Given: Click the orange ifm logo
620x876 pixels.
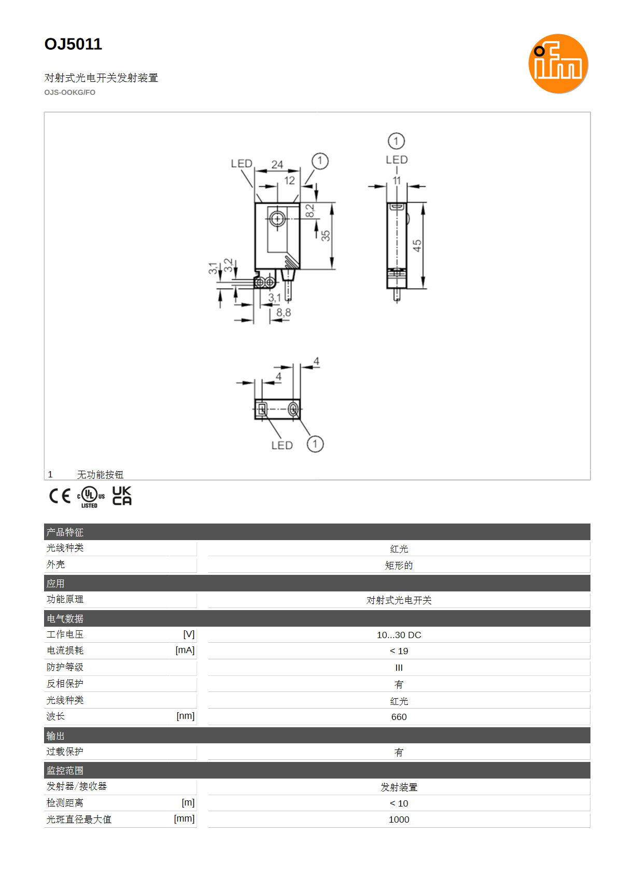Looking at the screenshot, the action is click(558, 64).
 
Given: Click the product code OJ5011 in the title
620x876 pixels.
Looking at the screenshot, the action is click(73, 44).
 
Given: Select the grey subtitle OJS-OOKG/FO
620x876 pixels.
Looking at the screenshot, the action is click(69, 93).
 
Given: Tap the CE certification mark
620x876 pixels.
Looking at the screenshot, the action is click(60, 496).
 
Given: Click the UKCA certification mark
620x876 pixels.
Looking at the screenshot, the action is click(122, 496).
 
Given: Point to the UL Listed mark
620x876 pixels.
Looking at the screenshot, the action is click(91, 497).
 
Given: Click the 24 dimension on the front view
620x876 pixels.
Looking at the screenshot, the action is click(277, 165).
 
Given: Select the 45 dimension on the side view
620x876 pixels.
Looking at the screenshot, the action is click(417, 246).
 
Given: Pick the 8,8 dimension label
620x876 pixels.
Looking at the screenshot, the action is click(284, 313).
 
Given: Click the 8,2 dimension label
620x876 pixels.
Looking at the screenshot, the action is click(309, 211).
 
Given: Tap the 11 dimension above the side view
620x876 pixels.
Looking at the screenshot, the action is click(397, 181).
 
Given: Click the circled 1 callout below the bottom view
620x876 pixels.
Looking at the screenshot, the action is click(315, 444).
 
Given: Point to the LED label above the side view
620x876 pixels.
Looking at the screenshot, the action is click(397, 160).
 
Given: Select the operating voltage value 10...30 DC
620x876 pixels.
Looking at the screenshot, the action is click(399, 635).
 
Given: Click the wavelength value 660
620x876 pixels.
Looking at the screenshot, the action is click(399, 717).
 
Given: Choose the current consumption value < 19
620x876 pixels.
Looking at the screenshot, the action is click(399, 651).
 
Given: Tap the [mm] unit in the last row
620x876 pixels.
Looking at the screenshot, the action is click(184, 818).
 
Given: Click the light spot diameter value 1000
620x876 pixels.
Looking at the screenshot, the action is click(399, 820).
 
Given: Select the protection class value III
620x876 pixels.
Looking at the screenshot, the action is click(399, 668).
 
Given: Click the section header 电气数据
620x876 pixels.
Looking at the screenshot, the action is click(65, 619).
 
